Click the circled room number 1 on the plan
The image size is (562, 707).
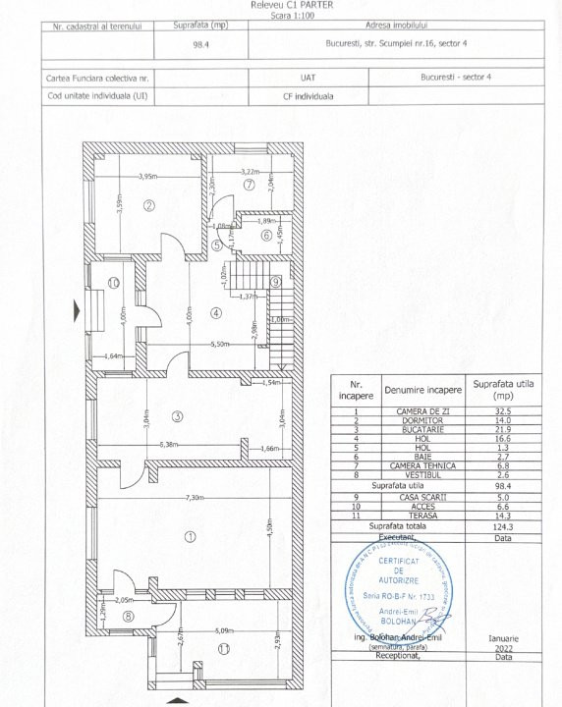[x=190, y=535]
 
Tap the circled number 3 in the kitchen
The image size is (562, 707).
[x=177, y=416]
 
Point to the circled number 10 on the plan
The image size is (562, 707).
[x=114, y=283]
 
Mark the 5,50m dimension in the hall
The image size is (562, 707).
[x=219, y=345]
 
